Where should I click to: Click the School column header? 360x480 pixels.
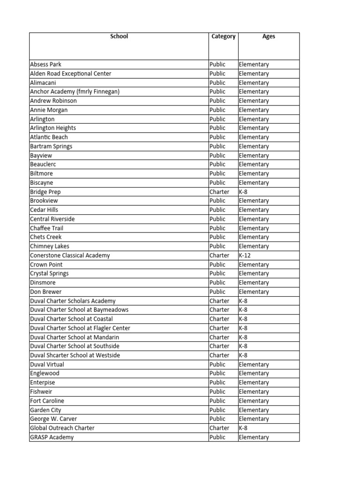tap(119, 37)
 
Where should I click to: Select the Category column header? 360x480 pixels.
tap(223, 37)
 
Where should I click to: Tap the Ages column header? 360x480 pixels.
tap(269, 37)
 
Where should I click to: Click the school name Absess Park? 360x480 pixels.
tap(45, 64)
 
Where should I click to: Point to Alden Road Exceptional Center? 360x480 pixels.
tap(70, 74)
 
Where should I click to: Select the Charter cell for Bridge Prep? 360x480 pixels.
tap(219, 192)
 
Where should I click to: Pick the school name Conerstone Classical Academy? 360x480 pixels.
tap(70, 255)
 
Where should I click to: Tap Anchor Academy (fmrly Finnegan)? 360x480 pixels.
tap(75, 91)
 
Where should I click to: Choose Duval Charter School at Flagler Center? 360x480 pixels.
tap(80, 328)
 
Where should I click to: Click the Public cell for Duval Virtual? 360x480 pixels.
tap(217, 364)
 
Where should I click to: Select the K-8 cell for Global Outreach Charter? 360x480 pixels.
tap(243, 428)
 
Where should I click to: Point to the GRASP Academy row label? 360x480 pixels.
tap(52, 437)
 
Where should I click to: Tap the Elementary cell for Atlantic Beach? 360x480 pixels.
tap(254, 137)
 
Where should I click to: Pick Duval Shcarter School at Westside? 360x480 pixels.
tap(75, 355)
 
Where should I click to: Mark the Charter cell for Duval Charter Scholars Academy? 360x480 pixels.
tap(219, 301)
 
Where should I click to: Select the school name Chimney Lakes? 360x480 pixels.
tap(49, 246)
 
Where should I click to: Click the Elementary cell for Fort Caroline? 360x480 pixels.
tap(254, 401)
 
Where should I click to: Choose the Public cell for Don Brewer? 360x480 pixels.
tap(217, 292)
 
